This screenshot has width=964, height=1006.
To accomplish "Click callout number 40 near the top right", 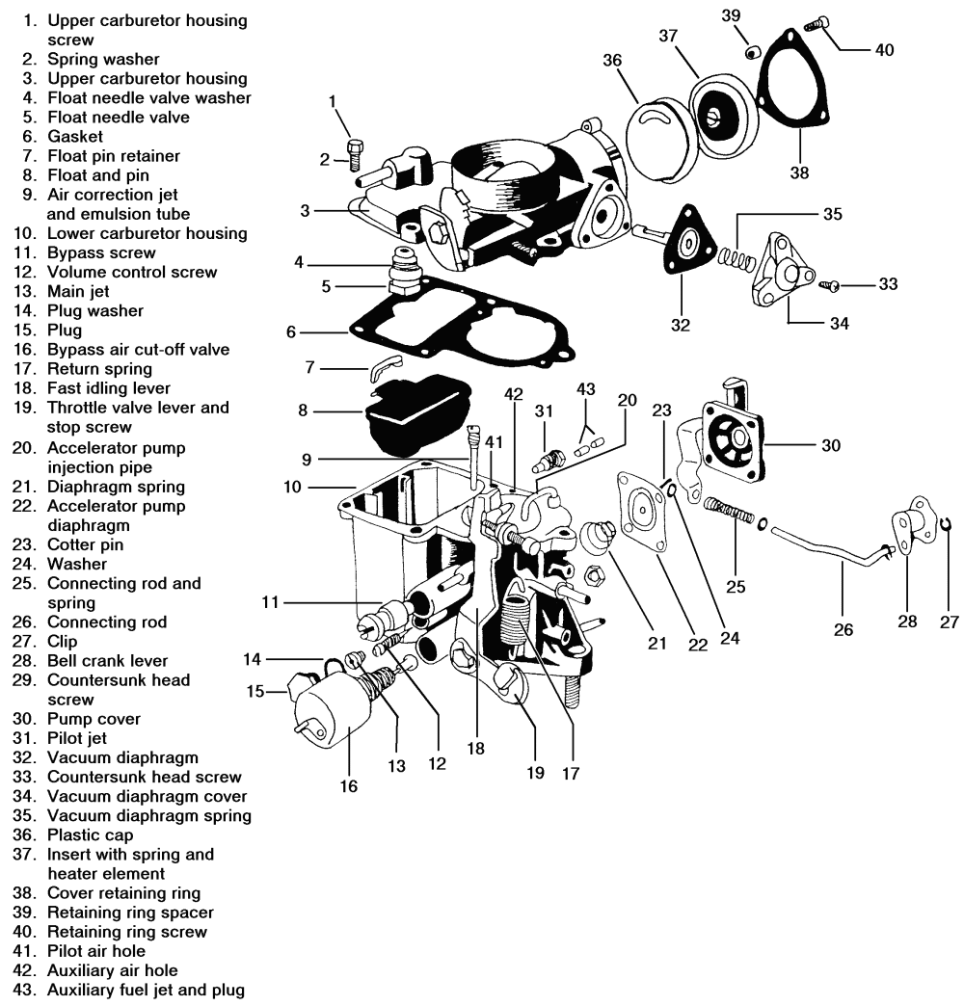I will point(883,49).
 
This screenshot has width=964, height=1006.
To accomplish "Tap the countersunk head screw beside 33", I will point(831,284).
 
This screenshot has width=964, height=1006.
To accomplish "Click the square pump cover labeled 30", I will point(729,445).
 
